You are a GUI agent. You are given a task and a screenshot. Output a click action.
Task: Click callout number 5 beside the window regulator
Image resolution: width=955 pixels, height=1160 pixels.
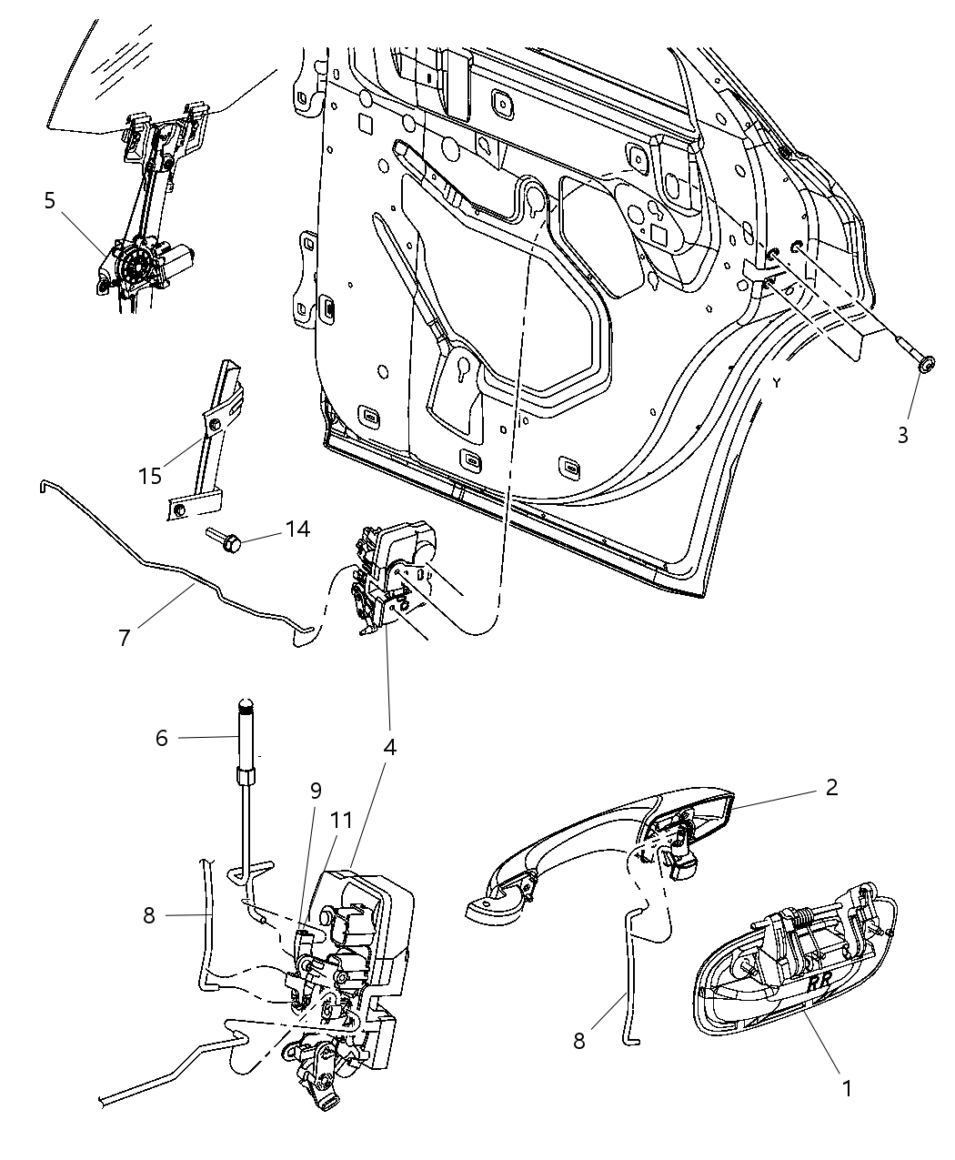click(x=50, y=200)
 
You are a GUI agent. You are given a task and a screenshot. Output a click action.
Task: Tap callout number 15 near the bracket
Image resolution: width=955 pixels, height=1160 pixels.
click(x=150, y=475)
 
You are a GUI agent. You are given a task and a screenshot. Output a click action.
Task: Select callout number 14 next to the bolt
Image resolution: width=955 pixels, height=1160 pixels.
click(x=297, y=529)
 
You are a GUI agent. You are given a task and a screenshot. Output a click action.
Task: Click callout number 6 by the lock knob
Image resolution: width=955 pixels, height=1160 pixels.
click(x=162, y=737)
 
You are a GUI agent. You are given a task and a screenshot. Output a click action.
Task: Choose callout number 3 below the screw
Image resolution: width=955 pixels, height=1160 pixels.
click(x=902, y=435)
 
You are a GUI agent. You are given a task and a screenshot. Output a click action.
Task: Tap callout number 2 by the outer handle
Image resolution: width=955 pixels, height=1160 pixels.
click(x=831, y=787)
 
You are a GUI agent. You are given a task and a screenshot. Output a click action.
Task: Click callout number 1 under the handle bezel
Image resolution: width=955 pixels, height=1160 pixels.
click(x=847, y=1087)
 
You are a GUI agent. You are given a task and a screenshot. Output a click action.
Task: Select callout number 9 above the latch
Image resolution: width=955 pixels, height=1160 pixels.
click(x=316, y=791)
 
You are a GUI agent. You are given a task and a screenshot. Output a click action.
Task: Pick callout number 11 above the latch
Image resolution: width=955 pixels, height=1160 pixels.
click(x=341, y=819)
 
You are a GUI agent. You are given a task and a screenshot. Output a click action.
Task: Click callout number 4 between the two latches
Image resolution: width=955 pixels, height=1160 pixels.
click(x=389, y=747)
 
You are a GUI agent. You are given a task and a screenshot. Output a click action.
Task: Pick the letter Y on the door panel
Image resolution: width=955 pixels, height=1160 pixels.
click(x=777, y=383)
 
